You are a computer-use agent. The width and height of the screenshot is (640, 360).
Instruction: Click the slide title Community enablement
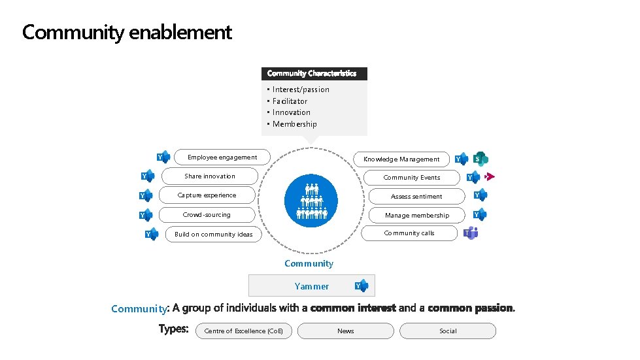127,32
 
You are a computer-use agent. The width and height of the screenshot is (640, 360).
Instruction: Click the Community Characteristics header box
314,74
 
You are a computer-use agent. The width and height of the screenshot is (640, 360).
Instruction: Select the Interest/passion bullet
301,90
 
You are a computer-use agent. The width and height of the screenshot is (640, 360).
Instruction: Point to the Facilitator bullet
290,101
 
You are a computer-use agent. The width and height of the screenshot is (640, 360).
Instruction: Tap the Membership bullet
294,124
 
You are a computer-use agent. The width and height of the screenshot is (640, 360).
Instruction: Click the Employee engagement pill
222,157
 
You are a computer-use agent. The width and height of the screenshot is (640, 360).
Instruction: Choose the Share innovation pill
210,176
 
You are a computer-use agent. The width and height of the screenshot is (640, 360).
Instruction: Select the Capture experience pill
207,195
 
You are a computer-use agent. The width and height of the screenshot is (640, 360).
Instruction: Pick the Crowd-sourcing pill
207,215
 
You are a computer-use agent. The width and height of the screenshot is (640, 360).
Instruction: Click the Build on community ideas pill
213,234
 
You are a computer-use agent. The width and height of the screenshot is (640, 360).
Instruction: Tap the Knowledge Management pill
401,159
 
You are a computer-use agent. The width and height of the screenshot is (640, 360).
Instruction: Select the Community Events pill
412,178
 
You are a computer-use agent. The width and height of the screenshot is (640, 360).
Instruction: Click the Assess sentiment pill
416,196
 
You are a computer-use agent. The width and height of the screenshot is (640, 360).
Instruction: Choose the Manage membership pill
416,215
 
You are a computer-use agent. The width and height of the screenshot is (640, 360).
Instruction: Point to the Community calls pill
409,233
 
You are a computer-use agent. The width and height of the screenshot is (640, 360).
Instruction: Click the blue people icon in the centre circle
311,201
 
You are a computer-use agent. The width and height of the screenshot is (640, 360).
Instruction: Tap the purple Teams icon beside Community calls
471,233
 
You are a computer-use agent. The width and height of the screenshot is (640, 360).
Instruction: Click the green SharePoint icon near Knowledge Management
481,159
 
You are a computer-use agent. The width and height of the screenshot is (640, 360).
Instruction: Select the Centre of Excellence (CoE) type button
244,331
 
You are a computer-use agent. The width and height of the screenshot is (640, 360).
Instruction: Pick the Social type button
448,331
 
